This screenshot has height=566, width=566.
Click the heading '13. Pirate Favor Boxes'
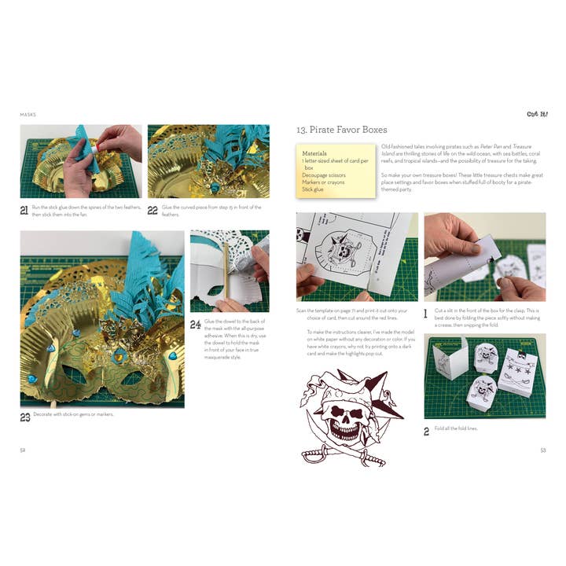click(x=341, y=130)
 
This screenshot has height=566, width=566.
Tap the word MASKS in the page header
click(x=28, y=115)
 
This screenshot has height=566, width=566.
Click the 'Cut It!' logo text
click(x=536, y=114)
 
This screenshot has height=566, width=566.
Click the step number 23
click(x=25, y=417)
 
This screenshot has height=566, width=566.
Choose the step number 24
click(x=196, y=324)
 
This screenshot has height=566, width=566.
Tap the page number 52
click(x=24, y=450)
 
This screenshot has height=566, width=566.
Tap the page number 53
click(x=542, y=450)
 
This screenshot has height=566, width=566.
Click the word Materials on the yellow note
click(x=314, y=153)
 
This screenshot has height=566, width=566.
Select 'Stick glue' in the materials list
click(x=313, y=189)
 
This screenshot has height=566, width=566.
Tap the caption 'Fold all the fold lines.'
click(x=455, y=428)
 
